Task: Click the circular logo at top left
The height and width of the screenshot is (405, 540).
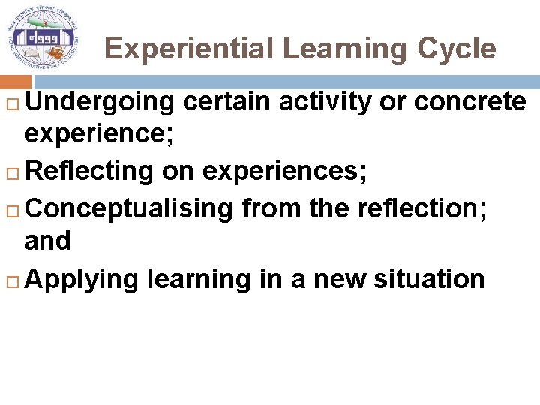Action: coord(43,37)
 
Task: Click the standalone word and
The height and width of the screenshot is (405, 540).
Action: coord(47,241)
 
